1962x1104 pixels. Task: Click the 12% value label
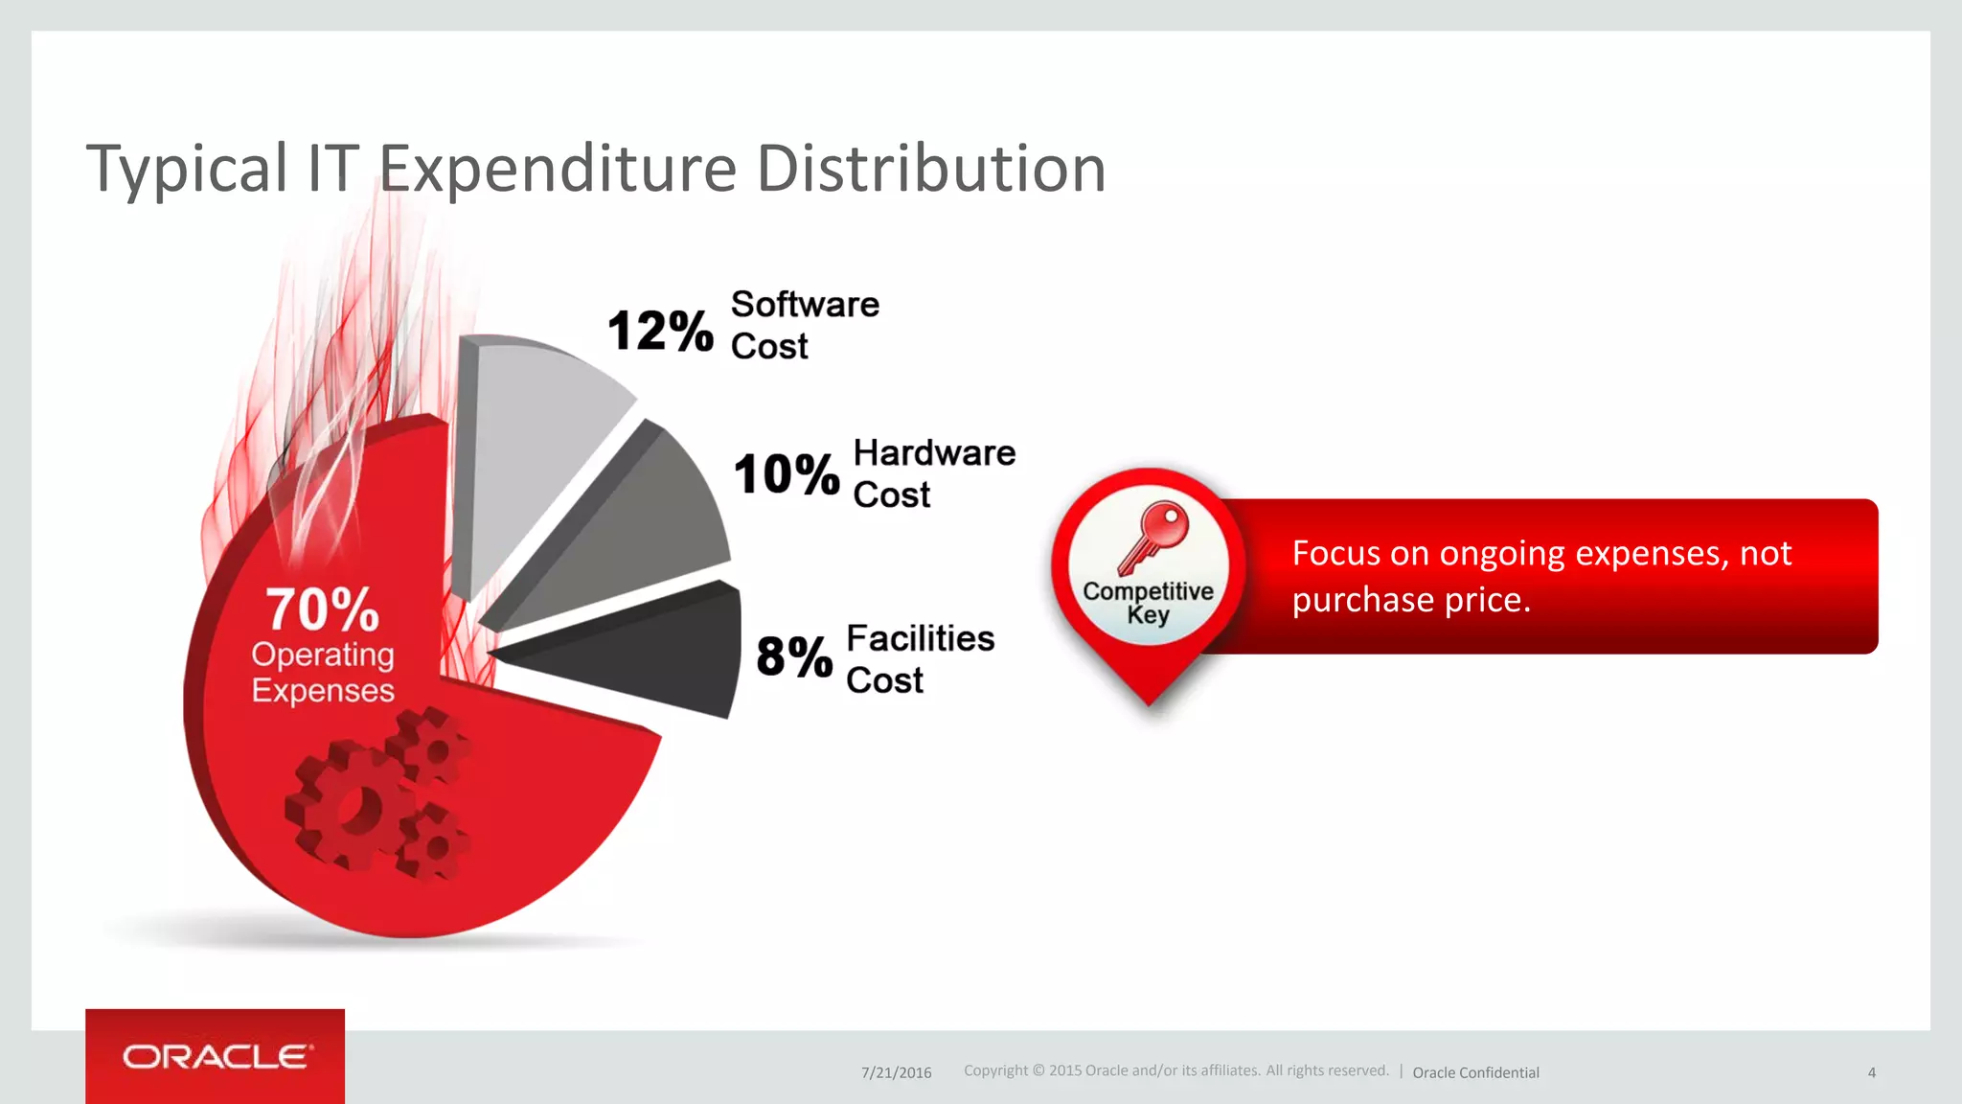click(660, 332)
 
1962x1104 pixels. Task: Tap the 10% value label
click(787, 474)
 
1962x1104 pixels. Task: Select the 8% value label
click(794, 657)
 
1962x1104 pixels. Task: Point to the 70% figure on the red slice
click(322, 609)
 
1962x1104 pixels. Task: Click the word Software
click(805, 305)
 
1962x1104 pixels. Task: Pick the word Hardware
click(934, 452)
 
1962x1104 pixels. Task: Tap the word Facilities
click(920, 638)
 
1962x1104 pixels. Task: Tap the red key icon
click(1154, 537)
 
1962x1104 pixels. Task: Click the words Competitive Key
click(1148, 603)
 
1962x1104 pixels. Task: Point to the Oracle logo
click(216, 1057)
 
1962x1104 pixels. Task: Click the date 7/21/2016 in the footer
click(896, 1072)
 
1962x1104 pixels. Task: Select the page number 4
click(1871, 1072)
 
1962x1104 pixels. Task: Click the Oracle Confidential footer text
click(1475, 1072)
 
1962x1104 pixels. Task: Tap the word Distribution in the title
click(931, 169)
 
